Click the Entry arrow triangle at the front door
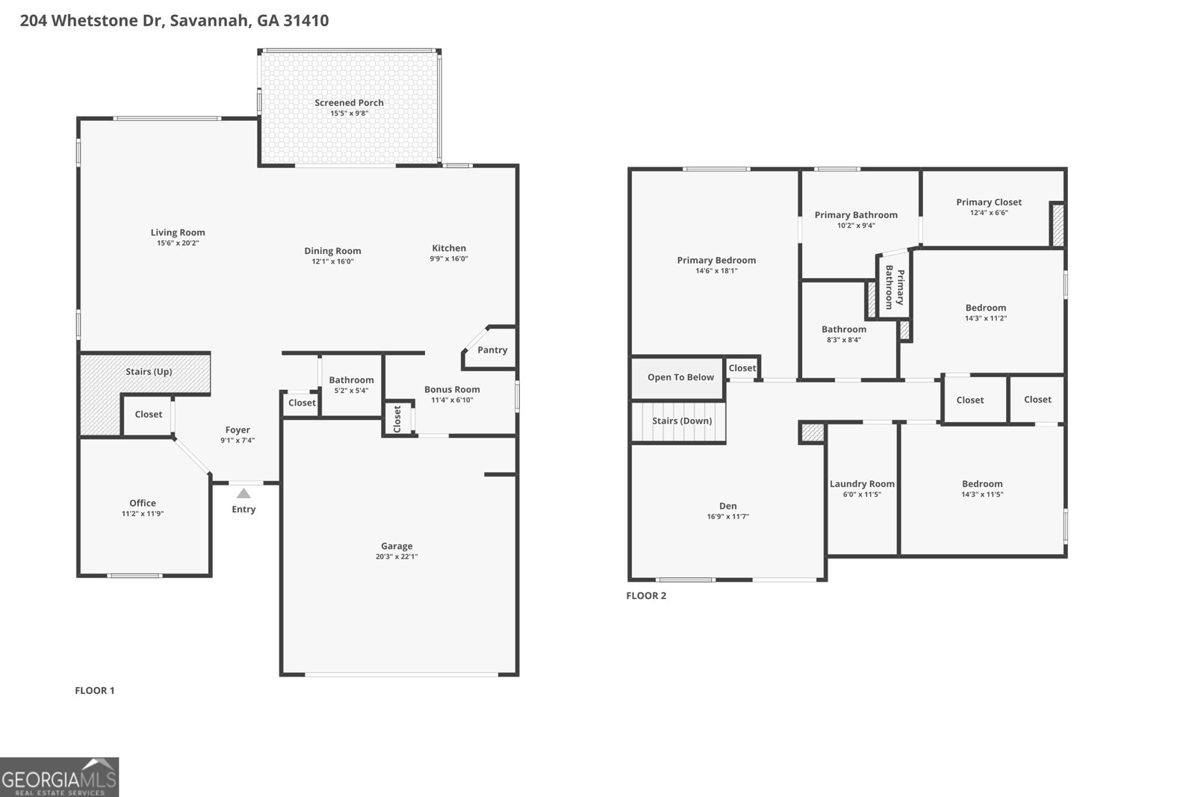point(243,493)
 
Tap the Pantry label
point(492,350)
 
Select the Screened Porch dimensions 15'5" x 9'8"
point(350,114)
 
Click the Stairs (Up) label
point(149,371)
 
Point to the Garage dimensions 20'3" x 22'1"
point(397,556)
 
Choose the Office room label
point(143,503)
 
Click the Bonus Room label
point(452,389)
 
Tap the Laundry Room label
point(862,483)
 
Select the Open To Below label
point(680,377)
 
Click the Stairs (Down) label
point(682,421)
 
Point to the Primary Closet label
point(989,202)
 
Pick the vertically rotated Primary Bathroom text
point(894,288)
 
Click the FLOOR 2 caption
point(646,595)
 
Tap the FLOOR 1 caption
point(95,690)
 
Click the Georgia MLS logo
point(59,777)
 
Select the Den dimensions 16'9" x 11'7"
point(727,517)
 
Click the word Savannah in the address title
point(210,20)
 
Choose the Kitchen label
point(449,248)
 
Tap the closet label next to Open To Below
point(742,368)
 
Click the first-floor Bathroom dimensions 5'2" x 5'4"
point(351,391)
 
